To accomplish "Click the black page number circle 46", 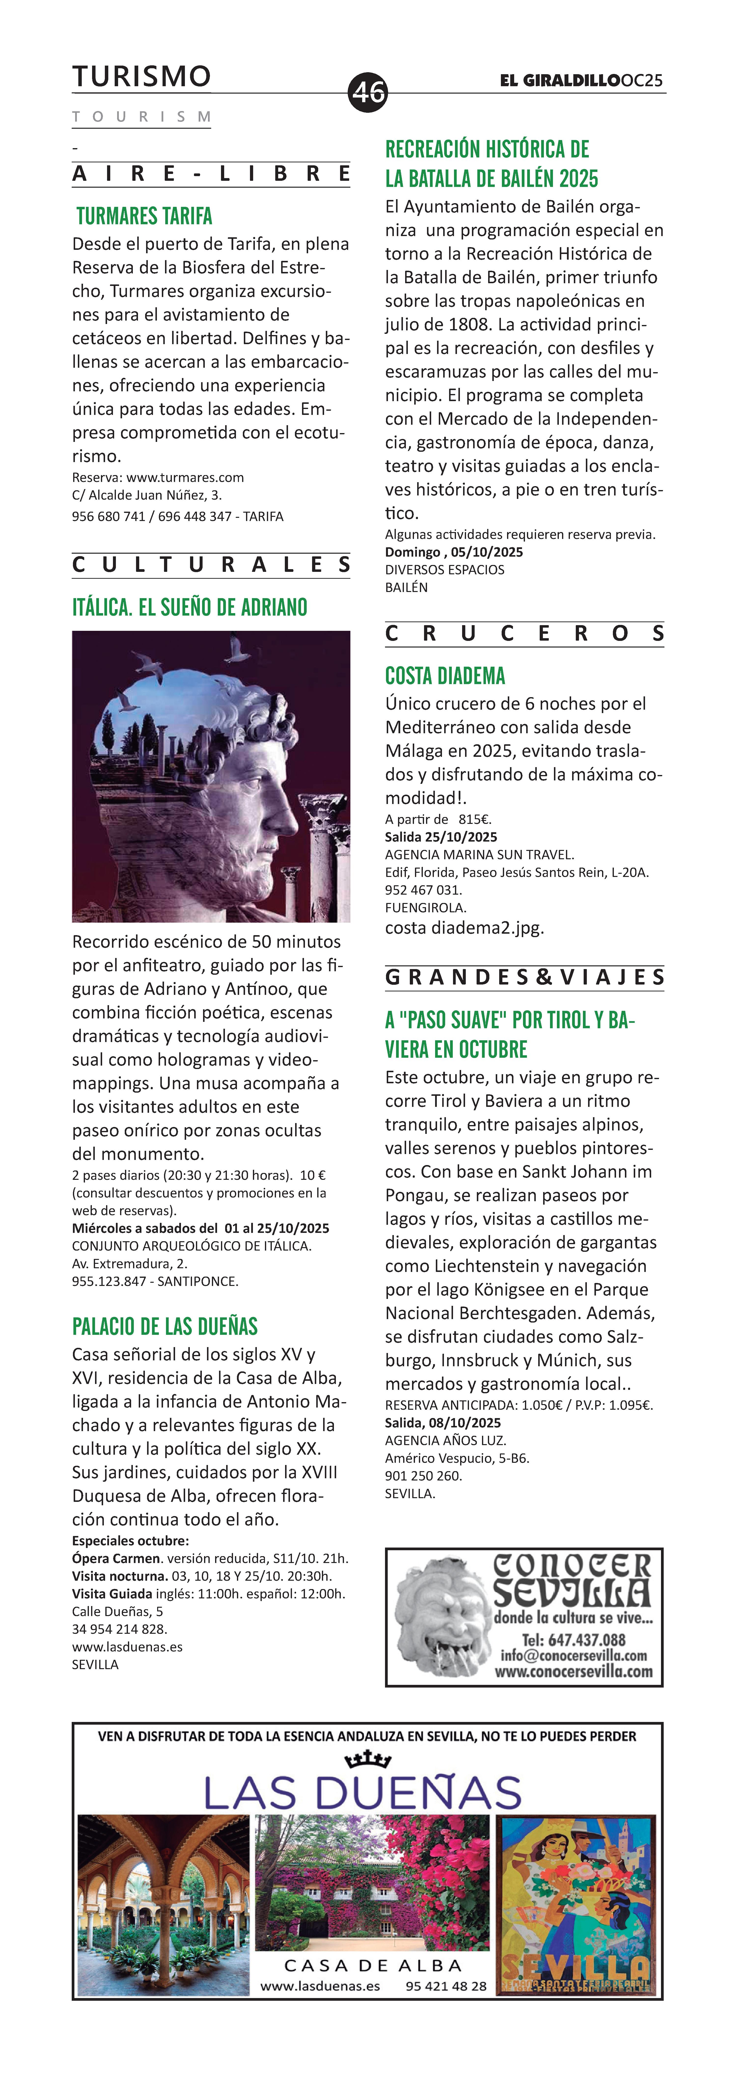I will [x=368, y=91].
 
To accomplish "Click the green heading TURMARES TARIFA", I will [x=144, y=216].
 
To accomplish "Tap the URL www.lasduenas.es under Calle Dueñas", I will [x=127, y=1646].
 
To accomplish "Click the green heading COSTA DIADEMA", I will [x=444, y=676].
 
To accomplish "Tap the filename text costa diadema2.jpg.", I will [x=464, y=928].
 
